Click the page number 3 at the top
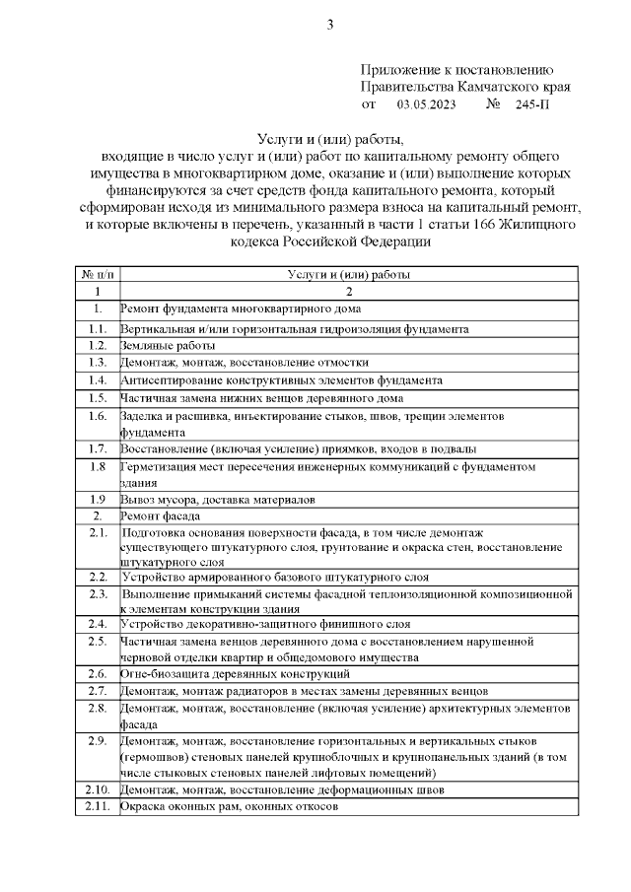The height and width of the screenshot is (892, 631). click(x=330, y=25)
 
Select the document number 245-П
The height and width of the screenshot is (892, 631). click(x=531, y=103)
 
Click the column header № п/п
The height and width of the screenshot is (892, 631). click(x=98, y=275)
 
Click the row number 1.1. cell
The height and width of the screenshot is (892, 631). click(x=98, y=328)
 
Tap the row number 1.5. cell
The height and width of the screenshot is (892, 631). click(x=98, y=398)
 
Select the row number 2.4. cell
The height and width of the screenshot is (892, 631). click(x=98, y=624)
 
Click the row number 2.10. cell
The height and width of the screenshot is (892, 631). click(x=98, y=789)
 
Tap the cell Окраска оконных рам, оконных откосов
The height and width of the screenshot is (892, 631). click(x=229, y=806)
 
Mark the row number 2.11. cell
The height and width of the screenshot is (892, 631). click(x=98, y=806)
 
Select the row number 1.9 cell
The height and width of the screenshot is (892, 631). click(x=98, y=499)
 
